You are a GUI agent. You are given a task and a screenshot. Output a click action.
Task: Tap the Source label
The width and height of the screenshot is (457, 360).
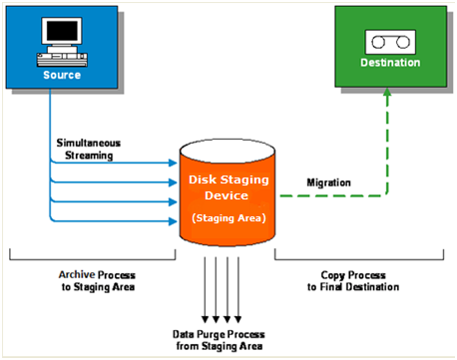coord(62,75)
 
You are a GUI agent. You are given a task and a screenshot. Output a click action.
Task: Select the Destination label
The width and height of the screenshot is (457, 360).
coord(390,62)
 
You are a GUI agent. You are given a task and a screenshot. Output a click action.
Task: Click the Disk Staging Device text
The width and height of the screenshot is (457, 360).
coord(228,186)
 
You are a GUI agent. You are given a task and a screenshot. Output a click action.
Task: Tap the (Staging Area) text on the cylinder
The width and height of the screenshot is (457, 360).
coord(228,216)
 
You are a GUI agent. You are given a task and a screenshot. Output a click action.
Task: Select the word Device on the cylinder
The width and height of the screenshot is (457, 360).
coord(228,194)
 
